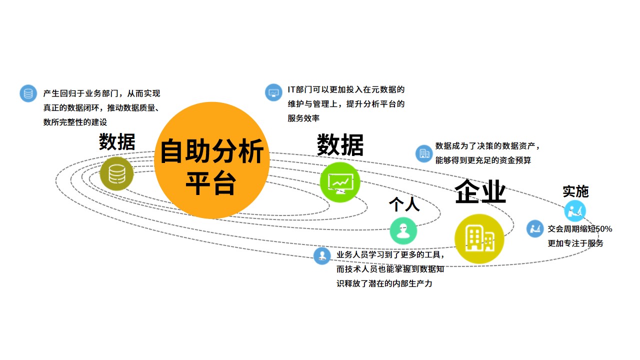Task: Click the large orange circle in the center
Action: point(211,160)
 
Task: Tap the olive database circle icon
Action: point(116,173)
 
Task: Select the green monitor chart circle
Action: point(339,182)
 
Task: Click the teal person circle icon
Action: point(403,230)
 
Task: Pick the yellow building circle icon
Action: point(479,238)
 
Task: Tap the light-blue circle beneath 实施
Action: point(575,211)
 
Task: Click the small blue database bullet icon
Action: point(28,93)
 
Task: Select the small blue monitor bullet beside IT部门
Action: point(273,92)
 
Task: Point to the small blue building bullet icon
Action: point(424,153)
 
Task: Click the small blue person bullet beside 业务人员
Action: point(322,255)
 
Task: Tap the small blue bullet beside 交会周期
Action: point(535,228)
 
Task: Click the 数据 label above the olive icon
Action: point(117,141)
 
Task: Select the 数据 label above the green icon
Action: point(340,145)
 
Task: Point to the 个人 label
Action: point(404,204)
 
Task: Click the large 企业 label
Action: point(480,191)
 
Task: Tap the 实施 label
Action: point(575,191)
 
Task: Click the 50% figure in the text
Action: point(603,229)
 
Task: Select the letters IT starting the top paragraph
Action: point(291,89)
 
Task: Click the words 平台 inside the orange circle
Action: point(211,183)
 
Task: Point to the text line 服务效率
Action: point(303,118)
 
